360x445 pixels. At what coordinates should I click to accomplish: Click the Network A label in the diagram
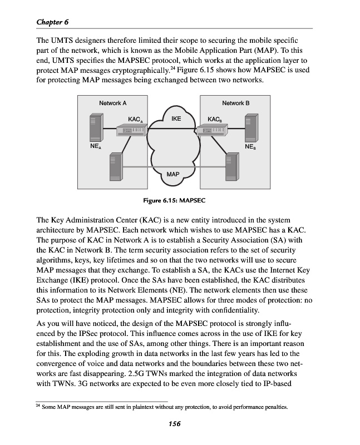(112, 103)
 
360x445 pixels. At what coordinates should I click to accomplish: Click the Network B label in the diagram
(235, 103)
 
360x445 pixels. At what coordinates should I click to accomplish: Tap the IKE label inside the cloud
(176, 118)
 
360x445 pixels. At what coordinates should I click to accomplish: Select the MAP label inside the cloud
(173, 174)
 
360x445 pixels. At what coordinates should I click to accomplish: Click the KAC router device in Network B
(214, 130)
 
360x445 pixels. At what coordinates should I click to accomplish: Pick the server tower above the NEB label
(251, 128)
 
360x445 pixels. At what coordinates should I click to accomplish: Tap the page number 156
(174, 424)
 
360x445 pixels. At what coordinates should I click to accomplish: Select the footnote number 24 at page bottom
(38, 407)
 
